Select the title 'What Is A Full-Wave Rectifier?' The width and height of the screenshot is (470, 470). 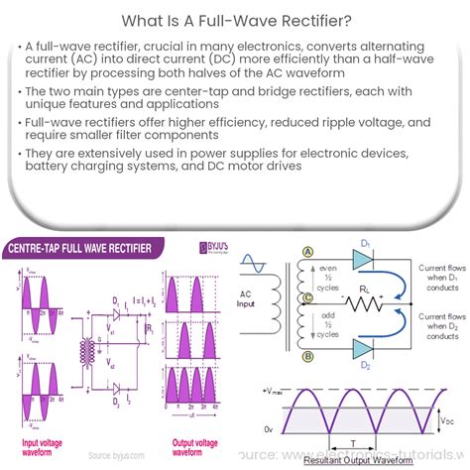click(x=235, y=19)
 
